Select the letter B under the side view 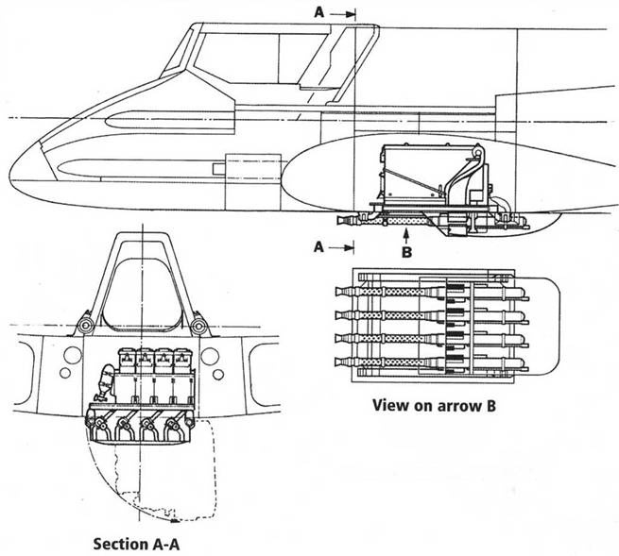[x=406, y=253]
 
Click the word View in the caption [x=386, y=407]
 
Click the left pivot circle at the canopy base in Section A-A [x=84, y=325]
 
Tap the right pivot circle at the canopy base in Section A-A [x=198, y=325]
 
